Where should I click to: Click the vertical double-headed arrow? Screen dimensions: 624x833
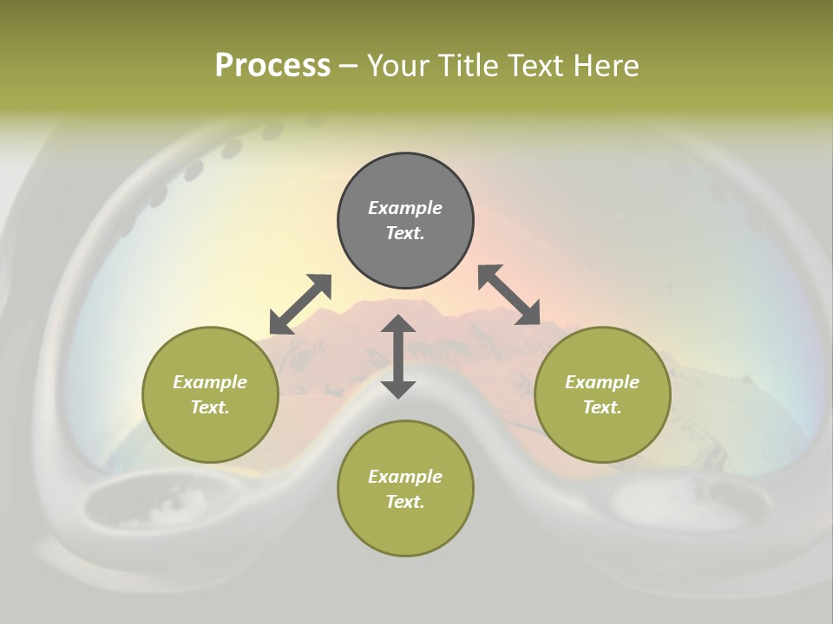(398, 356)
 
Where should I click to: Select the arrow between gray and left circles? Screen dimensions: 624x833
(300, 304)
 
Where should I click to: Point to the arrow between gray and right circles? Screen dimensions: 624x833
(508, 295)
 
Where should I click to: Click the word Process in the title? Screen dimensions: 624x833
(272, 66)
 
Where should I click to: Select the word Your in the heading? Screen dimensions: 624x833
(398, 66)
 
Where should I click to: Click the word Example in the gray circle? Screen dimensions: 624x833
(405, 208)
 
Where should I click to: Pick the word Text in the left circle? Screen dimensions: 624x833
(210, 407)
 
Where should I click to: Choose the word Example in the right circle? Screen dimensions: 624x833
(602, 382)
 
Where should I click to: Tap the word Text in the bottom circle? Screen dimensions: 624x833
(405, 502)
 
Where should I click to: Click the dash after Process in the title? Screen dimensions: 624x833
(348, 66)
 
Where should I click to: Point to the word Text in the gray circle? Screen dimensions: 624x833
(405, 233)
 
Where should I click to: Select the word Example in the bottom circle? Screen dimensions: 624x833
(405, 477)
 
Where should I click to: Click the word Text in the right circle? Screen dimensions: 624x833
(602, 407)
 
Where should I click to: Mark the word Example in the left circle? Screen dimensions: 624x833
(210, 382)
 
